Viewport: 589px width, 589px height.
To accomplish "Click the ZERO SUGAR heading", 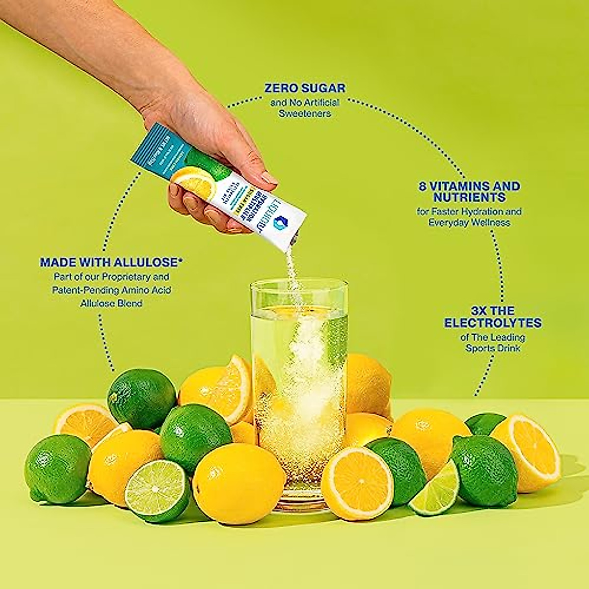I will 305,88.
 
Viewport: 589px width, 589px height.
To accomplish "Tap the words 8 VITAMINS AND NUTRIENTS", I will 469,191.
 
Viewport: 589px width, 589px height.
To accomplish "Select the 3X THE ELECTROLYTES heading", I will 492,317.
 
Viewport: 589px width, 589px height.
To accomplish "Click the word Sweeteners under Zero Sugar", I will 305,113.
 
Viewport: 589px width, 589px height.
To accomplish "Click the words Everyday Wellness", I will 469,222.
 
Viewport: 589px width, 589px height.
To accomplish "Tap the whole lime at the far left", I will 57,469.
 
